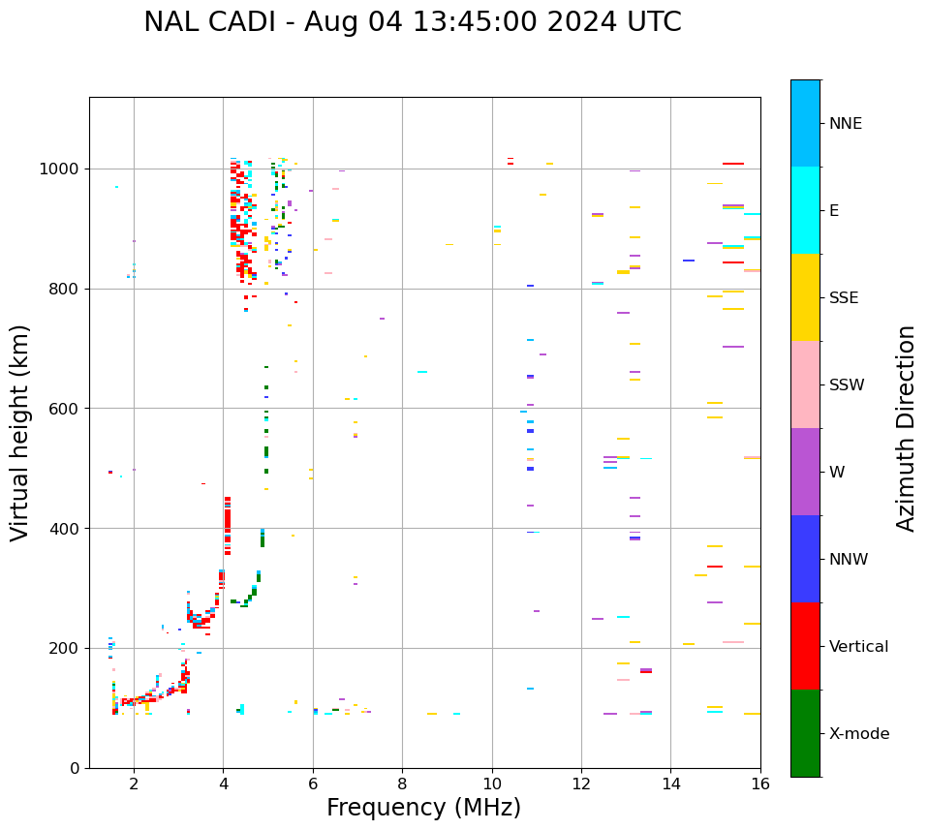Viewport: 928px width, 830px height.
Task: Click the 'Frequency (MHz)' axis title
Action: [423, 808]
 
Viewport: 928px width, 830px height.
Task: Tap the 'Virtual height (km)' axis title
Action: [21, 432]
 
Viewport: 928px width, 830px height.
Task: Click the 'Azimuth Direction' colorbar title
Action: [906, 428]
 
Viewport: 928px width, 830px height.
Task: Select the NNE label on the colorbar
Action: [846, 124]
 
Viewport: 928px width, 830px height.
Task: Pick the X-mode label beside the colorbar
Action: [859, 734]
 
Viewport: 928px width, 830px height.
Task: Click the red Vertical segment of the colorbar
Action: [805, 646]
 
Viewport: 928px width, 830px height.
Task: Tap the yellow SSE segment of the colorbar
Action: [805, 297]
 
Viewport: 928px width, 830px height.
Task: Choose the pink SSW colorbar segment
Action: [805, 384]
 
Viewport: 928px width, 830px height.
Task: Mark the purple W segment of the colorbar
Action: [805, 472]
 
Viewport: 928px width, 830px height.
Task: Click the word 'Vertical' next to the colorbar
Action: [859, 647]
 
